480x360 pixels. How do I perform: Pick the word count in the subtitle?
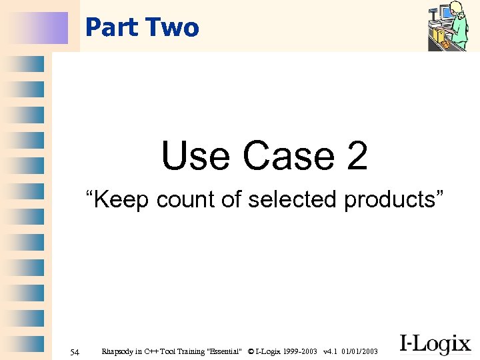[185, 199]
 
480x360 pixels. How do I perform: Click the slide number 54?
[75, 351]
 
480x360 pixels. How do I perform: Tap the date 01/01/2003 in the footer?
[359, 351]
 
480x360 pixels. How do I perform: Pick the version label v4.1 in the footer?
[329, 351]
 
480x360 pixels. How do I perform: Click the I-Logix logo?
[435, 344]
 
